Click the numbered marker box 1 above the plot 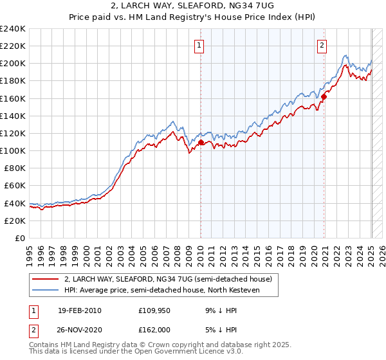tap(200, 46)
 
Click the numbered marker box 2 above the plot tap(322, 46)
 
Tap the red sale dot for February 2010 tap(201, 142)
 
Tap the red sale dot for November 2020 tap(324, 96)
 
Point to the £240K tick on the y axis tap(13, 29)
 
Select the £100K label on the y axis tap(13, 150)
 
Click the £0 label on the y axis tap(20, 238)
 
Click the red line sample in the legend tap(45, 279)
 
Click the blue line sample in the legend tap(45, 291)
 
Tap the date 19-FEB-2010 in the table tap(79, 310)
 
